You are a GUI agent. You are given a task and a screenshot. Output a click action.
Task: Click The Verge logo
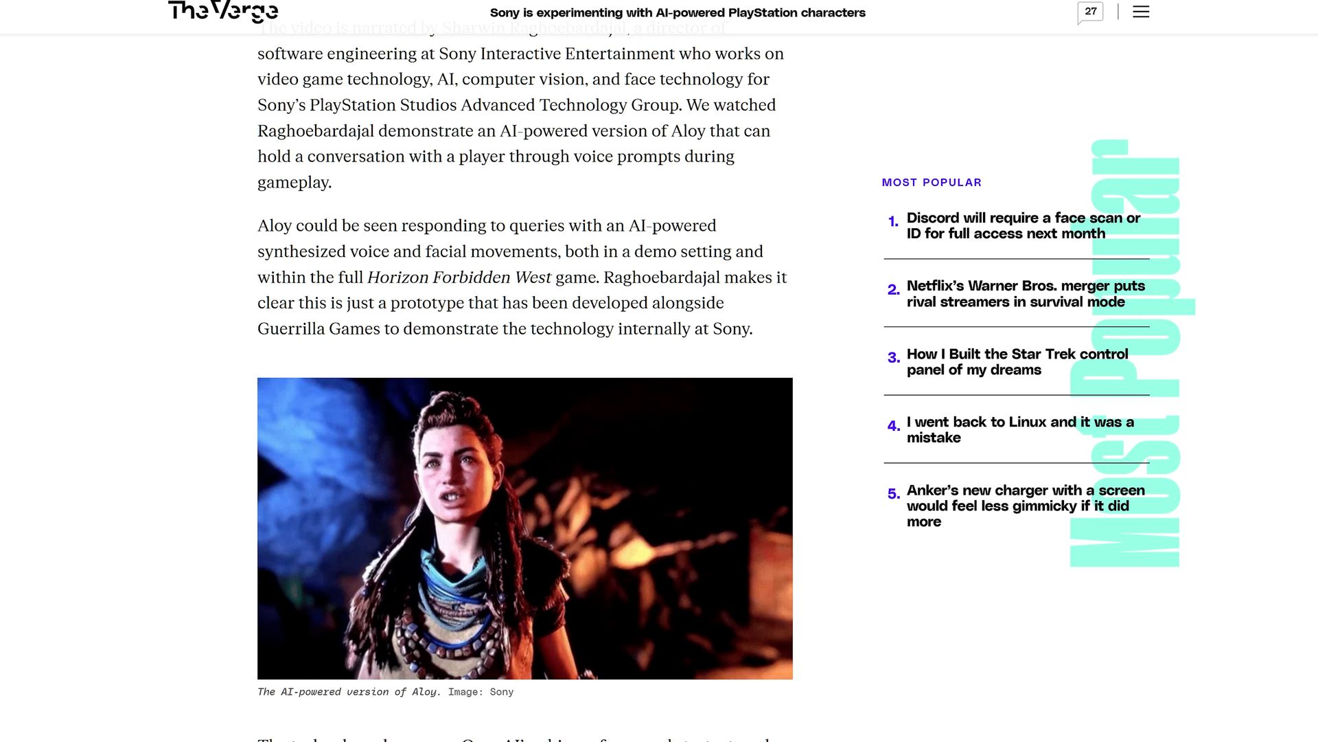point(223,12)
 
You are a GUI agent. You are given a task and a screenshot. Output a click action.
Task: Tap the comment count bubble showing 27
point(1090,12)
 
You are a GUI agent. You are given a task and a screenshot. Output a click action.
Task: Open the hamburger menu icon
point(1141,12)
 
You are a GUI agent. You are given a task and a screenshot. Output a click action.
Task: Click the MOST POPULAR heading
point(932,183)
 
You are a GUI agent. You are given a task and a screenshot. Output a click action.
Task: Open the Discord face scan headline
point(1023,226)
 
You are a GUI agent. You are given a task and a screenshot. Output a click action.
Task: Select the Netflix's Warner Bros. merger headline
point(1026,294)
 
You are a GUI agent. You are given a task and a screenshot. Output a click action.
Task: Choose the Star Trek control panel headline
point(1017,362)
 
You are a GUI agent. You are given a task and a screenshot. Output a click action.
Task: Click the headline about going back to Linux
point(1019,430)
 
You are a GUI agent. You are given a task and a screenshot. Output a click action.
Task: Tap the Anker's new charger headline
point(1025,506)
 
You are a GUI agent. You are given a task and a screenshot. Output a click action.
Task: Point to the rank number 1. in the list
point(893,222)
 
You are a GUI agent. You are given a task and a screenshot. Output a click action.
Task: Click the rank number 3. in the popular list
point(893,358)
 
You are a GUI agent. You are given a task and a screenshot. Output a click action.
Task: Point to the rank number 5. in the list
point(893,494)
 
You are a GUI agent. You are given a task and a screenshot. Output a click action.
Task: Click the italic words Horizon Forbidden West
point(459,278)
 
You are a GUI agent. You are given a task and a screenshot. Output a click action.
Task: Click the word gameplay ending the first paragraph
point(294,183)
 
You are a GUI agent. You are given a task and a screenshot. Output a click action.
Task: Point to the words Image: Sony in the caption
point(481,693)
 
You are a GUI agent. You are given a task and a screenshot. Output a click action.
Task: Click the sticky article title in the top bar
point(678,13)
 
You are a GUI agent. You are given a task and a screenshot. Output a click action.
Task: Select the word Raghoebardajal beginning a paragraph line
point(315,131)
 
